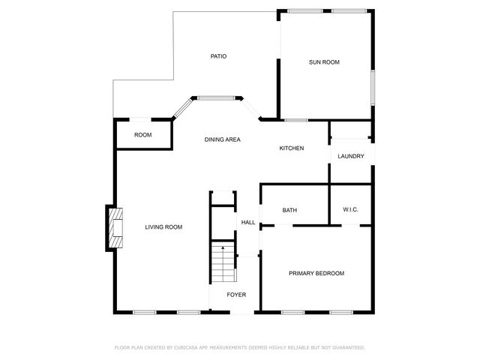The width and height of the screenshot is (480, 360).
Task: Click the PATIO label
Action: tap(218, 56)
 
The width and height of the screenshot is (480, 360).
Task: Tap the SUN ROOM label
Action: tap(324, 62)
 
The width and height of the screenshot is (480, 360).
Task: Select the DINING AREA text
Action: tap(223, 139)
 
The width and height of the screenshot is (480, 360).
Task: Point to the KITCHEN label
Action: tap(292, 148)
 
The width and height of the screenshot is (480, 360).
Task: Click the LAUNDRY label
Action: tap(351, 156)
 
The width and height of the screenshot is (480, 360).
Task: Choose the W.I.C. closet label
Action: tap(350, 210)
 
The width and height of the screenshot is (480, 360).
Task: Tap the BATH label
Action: tap(290, 210)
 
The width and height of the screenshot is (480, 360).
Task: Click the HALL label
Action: tap(248, 222)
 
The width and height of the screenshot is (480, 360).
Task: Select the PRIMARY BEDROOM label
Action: tap(316, 273)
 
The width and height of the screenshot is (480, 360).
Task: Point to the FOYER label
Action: tap(236, 295)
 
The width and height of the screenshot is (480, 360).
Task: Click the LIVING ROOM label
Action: tap(163, 226)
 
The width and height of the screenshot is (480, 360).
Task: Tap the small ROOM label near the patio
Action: tap(142, 135)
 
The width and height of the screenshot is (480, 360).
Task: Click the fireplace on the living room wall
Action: tap(115, 228)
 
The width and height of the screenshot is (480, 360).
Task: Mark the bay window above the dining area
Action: tap(217, 97)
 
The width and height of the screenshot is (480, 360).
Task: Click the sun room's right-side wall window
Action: tap(372, 88)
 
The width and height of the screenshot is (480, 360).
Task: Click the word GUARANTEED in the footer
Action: tap(347, 347)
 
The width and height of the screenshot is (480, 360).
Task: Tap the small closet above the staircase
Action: tap(223, 198)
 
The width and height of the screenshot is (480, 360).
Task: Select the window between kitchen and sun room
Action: tap(295, 120)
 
